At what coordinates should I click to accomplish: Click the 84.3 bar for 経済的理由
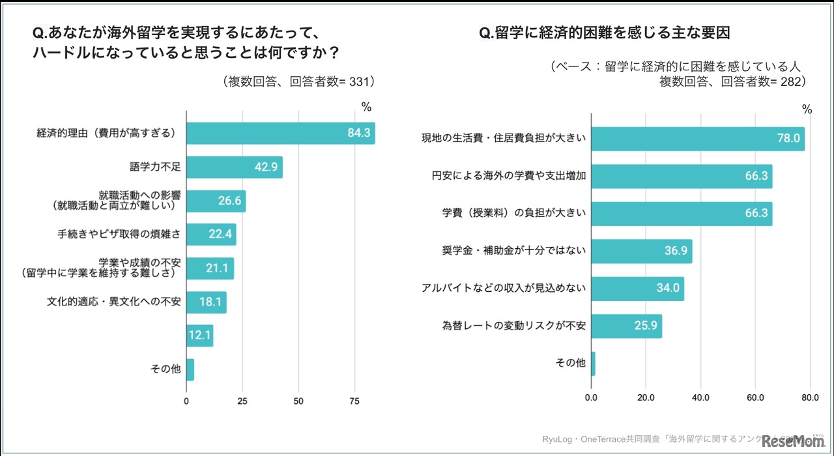[280, 133]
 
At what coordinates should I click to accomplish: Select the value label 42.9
[266, 167]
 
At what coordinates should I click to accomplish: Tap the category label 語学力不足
[156, 167]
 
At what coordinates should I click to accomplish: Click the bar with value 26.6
[216, 201]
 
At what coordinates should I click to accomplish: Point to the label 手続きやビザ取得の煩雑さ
[119, 235]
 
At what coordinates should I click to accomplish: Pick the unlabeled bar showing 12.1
[199, 335]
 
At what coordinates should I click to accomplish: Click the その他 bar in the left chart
[190, 369]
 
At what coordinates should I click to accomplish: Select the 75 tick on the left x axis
[354, 401]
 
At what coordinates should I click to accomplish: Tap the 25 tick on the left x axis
[242, 401]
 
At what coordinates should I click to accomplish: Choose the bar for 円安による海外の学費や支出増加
[681, 176]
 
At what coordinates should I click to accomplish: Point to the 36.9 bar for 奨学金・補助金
[641, 251]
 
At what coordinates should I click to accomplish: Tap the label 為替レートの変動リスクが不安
[514, 325]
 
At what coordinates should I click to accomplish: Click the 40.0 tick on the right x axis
[700, 397]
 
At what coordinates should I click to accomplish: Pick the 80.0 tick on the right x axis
[810, 397]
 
